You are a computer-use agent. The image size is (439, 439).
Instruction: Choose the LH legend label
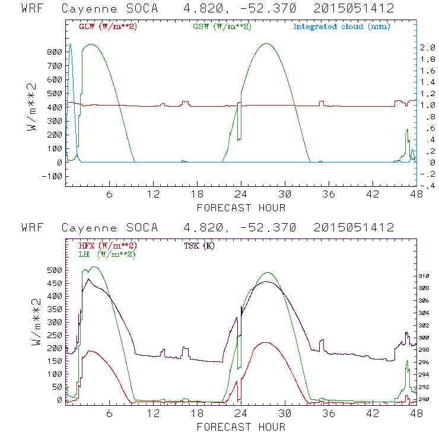(107, 254)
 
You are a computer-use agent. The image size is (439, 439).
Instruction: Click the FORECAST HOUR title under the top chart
(241, 208)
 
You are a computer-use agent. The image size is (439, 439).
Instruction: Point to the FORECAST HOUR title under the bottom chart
(241, 427)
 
